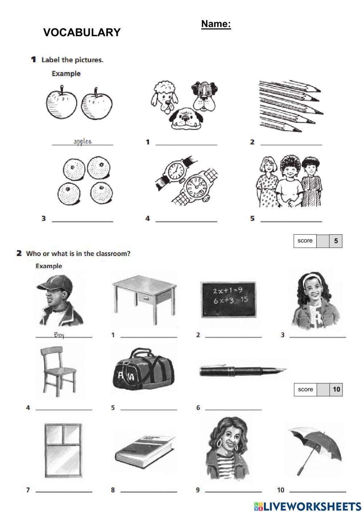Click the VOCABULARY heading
[82, 32]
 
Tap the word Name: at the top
[216, 24]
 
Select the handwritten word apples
[82, 142]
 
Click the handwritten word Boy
[59, 335]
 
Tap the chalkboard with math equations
[228, 299]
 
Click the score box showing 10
[318, 390]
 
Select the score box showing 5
[318, 241]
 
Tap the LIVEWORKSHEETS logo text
[308, 506]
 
